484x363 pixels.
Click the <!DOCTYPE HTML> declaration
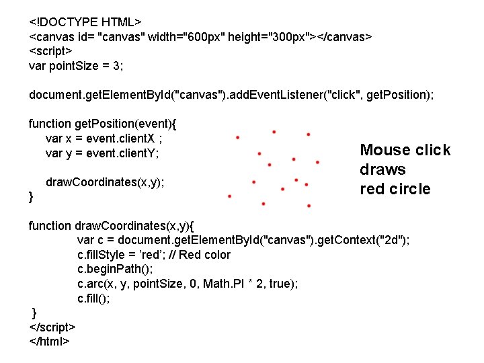89,21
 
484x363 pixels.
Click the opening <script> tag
51,50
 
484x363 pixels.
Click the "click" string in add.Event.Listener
341,95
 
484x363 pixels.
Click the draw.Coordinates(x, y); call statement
105,182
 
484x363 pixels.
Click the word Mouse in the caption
386,150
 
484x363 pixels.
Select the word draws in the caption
382,169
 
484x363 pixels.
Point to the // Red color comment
200,255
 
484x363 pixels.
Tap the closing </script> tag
52,327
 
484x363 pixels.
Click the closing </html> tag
48,341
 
